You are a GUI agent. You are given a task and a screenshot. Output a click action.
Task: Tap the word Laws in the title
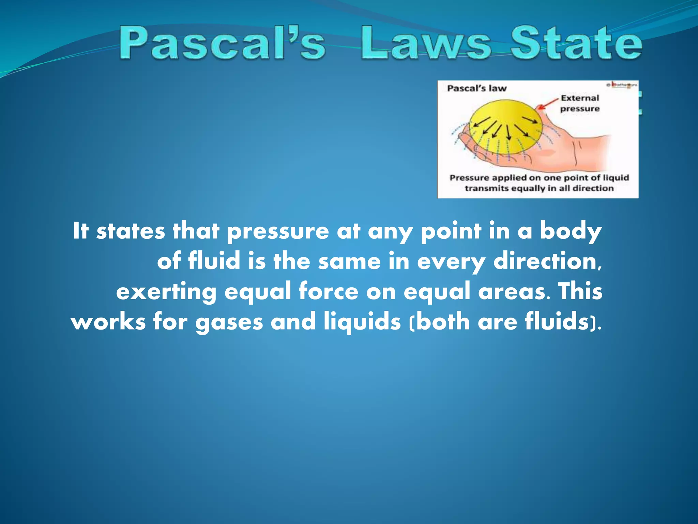[x=426, y=44]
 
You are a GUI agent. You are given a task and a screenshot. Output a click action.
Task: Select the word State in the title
[x=576, y=44]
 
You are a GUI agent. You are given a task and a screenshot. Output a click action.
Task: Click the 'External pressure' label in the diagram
[x=580, y=103]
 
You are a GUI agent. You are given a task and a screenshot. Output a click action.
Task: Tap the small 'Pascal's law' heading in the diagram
[x=477, y=88]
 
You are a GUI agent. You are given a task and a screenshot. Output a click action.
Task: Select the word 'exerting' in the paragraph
[x=166, y=292]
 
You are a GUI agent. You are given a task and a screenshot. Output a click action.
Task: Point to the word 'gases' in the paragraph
[x=229, y=322]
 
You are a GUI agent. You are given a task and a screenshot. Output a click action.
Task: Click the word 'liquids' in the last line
[x=362, y=322]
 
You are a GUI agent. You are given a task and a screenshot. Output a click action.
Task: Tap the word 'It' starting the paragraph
[x=81, y=231]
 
